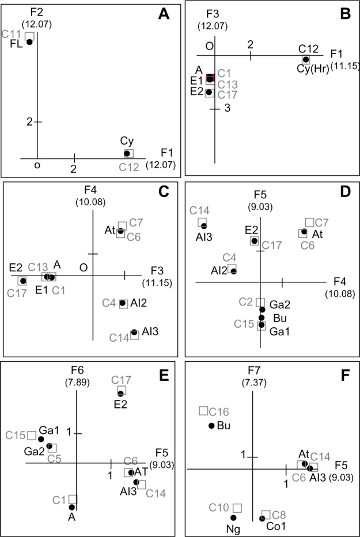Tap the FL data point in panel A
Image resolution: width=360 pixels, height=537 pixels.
pos(29,42)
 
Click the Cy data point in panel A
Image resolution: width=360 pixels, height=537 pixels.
pos(127,153)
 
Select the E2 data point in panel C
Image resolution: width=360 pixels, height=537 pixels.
pos(22,281)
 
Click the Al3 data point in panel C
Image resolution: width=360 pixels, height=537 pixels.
pos(134,332)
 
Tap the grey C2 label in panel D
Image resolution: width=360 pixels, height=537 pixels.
pos(246,302)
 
